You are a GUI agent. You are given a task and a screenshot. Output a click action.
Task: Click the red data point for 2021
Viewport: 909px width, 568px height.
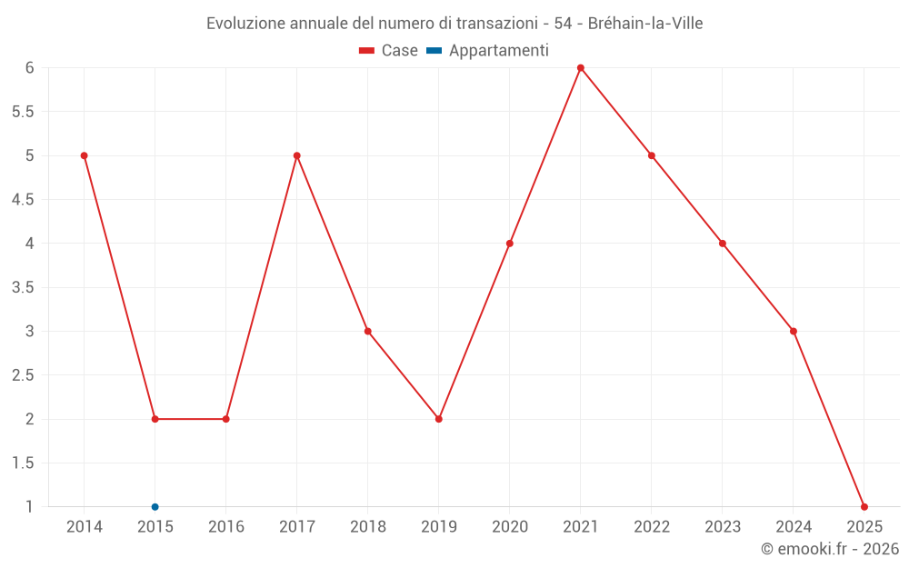point(580,67)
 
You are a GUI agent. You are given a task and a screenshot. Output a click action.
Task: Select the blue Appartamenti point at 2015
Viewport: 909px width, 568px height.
point(155,507)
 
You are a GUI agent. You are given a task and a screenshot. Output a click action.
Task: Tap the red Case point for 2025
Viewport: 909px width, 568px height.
point(864,507)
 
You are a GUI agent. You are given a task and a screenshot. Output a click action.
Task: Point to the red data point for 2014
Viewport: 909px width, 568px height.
point(84,155)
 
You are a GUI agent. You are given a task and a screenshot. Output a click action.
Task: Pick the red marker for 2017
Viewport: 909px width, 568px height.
point(296,155)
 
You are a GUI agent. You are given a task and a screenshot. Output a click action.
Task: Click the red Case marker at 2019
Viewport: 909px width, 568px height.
point(438,419)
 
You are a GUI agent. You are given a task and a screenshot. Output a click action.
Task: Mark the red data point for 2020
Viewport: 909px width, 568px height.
point(509,244)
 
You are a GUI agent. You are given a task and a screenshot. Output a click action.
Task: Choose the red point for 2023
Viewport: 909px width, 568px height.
point(722,244)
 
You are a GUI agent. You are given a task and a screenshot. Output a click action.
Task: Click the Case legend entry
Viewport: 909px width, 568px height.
point(389,51)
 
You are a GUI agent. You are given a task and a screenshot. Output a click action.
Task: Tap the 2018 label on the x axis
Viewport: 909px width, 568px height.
point(367,527)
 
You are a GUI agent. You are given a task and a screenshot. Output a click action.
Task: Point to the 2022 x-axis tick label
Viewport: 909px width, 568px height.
point(651,527)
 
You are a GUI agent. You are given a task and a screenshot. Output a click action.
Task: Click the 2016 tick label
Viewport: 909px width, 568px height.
point(225,527)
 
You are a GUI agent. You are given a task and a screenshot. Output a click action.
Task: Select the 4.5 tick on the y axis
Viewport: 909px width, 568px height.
point(23,200)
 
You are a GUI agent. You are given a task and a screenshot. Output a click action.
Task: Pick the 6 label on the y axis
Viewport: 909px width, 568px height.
point(29,68)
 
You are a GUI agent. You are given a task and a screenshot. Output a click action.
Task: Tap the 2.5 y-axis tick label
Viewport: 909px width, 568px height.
point(23,375)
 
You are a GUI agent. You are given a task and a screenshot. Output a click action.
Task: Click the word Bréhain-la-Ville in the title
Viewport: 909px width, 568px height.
point(644,23)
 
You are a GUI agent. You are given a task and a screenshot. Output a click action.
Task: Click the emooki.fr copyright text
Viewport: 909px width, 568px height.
point(829,549)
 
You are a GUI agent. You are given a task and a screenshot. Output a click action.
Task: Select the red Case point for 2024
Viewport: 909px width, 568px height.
point(793,331)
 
